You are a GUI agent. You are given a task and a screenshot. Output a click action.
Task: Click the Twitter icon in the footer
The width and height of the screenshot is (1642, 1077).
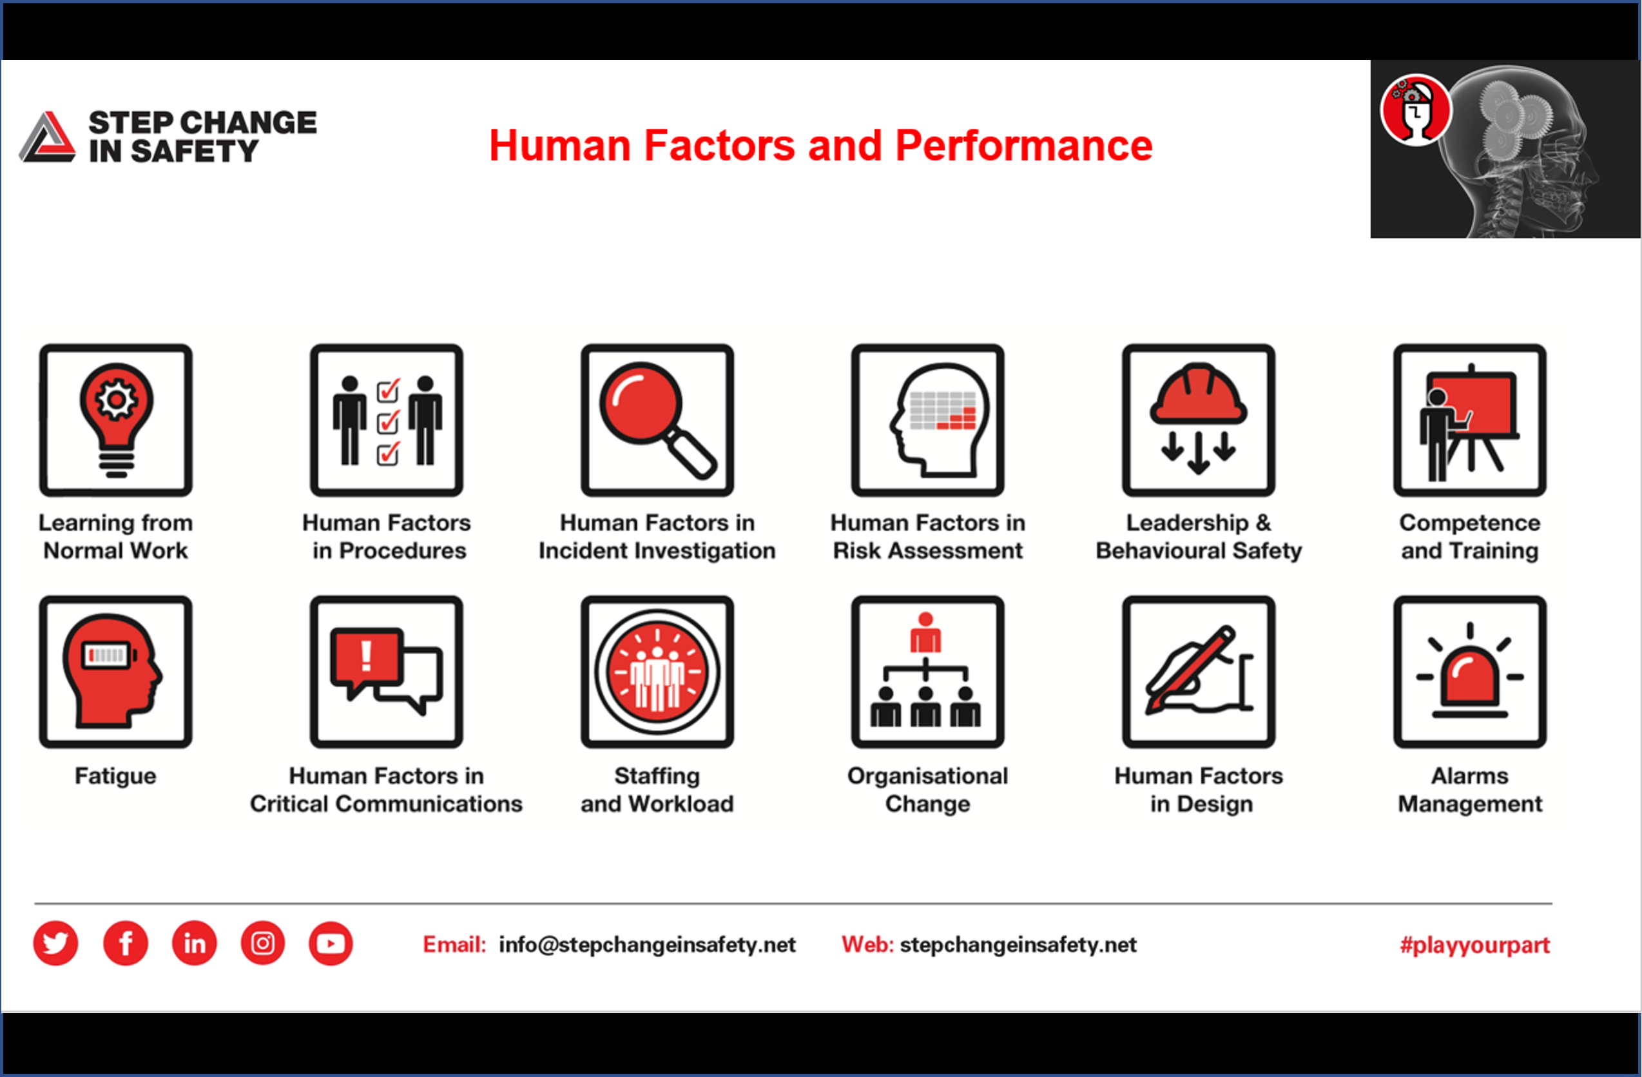tap(55, 942)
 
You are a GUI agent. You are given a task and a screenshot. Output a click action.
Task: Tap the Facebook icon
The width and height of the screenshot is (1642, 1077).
tap(126, 942)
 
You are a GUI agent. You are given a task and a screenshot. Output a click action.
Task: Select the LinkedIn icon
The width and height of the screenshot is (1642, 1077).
tap(195, 942)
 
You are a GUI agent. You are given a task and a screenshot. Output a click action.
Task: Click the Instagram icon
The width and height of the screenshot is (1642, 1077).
tap(263, 942)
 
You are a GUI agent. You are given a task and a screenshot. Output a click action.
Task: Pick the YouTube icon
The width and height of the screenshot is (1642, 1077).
tap(331, 942)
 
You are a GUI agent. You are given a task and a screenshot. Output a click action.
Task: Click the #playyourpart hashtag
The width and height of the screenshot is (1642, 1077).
tap(1474, 944)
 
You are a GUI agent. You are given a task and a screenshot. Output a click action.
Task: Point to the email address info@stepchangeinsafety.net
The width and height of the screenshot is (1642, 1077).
tap(646, 944)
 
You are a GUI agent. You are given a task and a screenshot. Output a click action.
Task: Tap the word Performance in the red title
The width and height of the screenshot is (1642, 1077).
tap(1023, 146)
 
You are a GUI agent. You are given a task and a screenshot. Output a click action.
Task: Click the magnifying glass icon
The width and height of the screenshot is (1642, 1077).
tap(657, 420)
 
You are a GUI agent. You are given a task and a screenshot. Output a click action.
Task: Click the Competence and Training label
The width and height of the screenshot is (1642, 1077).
tap(1469, 537)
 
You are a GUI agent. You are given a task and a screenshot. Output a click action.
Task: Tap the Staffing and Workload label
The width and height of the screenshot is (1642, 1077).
tap(657, 790)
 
